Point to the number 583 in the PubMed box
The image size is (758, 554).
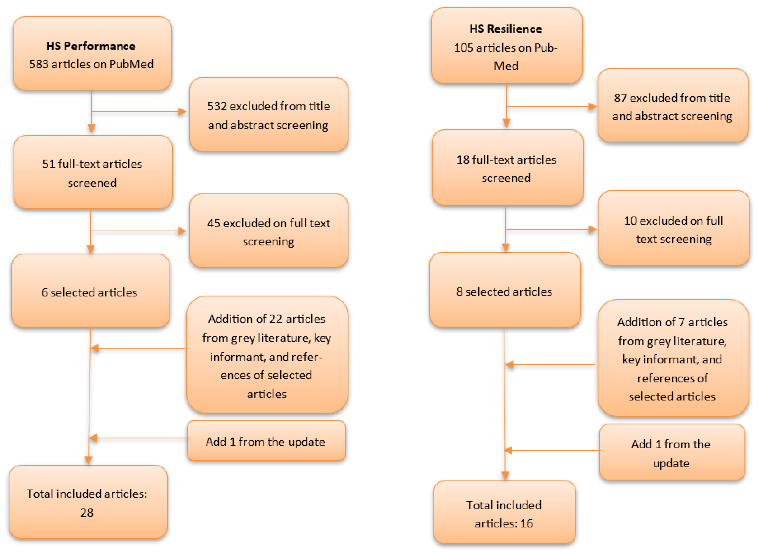click(39, 64)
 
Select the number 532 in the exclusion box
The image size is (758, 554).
click(217, 106)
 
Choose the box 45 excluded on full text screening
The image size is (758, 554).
click(268, 231)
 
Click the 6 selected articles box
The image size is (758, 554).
click(90, 292)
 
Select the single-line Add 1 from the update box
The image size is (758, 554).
click(266, 442)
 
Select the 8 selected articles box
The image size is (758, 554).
click(504, 291)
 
